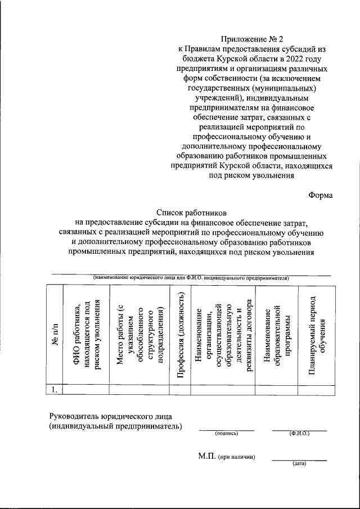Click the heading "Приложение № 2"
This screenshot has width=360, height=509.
click(x=251, y=39)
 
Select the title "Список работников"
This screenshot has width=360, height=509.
click(x=191, y=213)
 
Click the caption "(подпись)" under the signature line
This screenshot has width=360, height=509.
click(x=227, y=434)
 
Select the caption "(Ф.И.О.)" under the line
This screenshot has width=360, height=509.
click(x=299, y=434)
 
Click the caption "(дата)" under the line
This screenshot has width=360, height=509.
click(x=299, y=464)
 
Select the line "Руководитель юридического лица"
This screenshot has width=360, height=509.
click(x=111, y=416)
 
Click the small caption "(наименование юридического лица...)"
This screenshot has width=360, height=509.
click(x=191, y=278)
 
